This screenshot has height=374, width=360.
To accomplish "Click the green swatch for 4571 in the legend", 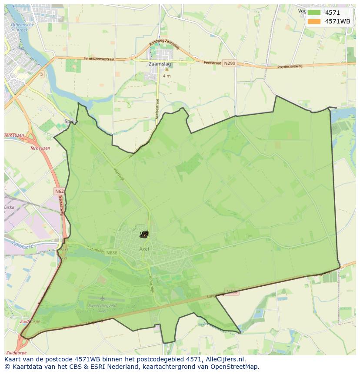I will coord(313,13).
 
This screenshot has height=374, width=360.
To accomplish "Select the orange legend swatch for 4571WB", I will coord(313,21).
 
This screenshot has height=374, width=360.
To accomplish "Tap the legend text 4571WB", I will coord(337,21).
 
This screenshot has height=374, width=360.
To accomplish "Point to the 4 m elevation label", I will coord(167,76).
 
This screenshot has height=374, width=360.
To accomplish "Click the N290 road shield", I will coord(230,63).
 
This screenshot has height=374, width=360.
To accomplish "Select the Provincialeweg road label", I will coord(290,66).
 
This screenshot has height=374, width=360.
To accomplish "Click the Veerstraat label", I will coord(213,63).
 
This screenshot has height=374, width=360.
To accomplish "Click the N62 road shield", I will coord(59,191).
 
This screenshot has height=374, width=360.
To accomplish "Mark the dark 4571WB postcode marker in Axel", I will coord(144,235).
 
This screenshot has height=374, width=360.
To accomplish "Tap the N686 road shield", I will coord(112,253).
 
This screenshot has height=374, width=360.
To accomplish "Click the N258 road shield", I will coord(232,292).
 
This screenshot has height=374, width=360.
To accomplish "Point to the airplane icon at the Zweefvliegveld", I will coord(102,298).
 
